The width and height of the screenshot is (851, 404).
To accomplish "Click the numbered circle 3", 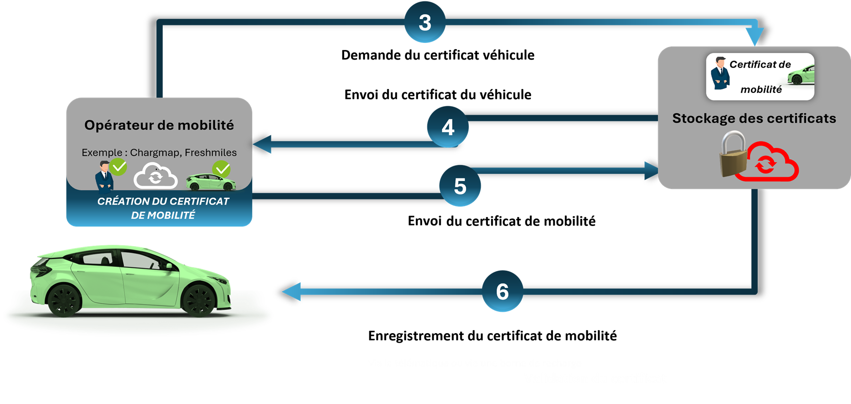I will [425, 22].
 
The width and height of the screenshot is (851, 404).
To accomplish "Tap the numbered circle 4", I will [447, 127].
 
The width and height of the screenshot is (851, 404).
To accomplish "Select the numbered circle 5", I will [460, 186].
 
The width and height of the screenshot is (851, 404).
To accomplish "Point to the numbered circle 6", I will [502, 291].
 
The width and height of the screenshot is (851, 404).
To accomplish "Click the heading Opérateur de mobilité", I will [159, 125].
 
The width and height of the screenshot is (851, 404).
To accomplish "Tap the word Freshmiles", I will [210, 152].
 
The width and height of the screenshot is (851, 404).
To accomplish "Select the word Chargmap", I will [155, 152].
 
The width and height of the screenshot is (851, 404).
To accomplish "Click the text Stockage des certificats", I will [754, 118].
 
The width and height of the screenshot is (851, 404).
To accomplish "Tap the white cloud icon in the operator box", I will [156, 176].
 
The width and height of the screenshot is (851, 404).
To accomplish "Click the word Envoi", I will [425, 221].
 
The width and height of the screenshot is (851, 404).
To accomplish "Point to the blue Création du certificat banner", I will [163, 208].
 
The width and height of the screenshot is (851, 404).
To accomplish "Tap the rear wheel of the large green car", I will [63, 300].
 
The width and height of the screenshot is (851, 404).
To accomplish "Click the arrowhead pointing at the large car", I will [291, 291].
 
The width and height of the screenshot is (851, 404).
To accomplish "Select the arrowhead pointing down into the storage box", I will [754, 37].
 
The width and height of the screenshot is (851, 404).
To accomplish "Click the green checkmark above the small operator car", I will [221, 169].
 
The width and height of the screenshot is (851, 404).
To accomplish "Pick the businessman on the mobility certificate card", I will [720, 74].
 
